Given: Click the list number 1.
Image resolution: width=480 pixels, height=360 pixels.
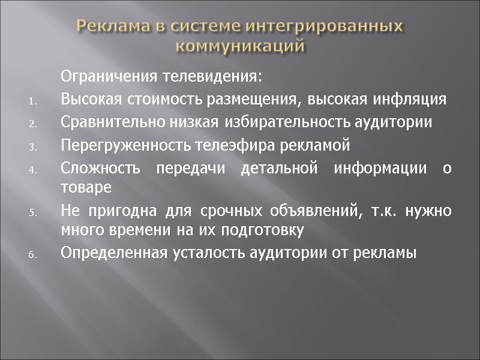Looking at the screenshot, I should pyautogui.click(x=34, y=101).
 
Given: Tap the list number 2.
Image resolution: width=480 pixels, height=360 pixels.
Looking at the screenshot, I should pyautogui.click(x=34, y=124).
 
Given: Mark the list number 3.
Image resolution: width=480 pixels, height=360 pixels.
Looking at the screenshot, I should pyautogui.click(x=34, y=147).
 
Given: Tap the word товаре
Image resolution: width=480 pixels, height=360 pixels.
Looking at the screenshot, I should pyautogui.click(x=86, y=187).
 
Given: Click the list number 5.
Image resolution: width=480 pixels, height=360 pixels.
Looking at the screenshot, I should pyautogui.click(x=34, y=212).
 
